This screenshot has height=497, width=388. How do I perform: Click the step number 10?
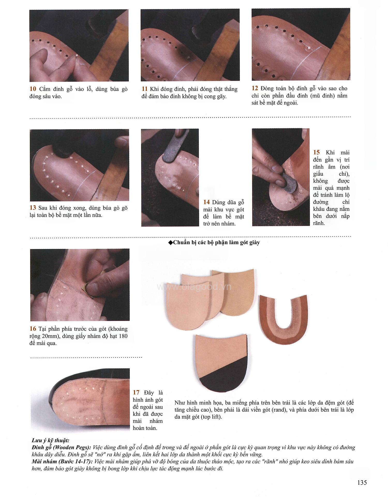[x=33, y=89]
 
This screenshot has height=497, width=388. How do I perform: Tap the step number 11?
[x=144, y=89]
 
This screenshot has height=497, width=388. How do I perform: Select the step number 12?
[x=255, y=88]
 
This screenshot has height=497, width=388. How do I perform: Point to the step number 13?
[x=33, y=208]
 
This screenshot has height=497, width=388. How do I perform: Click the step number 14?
[x=206, y=202]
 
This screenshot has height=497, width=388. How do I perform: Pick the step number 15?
[x=316, y=152]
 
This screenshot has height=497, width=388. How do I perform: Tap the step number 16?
[x=33, y=329]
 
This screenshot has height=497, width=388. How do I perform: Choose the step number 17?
[x=136, y=393]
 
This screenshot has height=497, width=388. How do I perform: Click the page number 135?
[x=362, y=483]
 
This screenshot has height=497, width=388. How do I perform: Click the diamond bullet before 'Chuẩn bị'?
[x=170, y=243]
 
